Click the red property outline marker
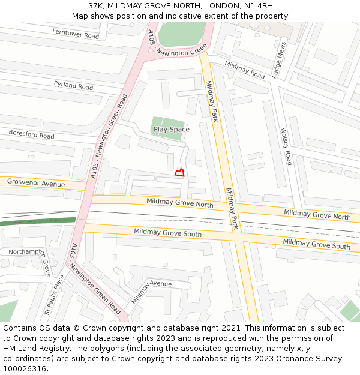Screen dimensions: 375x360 pyautogui.click(x=179, y=173)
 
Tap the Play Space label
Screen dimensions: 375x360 pyautogui.click(x=171, y=129)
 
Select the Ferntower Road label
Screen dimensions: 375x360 pyautogui.click(x=75, y=34)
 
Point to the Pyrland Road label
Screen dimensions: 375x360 pyautogui.click(x=73, y=86)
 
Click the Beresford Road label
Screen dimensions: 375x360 pyautogui.click(x=31, y=134)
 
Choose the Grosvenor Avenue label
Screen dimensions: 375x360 pyautogui.click(x=35, y=182)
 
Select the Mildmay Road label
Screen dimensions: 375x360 pyautogui.click(x=245, y=70)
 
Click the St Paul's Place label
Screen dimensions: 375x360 pyautogui.click(x=53, y=295)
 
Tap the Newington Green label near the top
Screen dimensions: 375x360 pyautogui.click(x=181, y=53)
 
